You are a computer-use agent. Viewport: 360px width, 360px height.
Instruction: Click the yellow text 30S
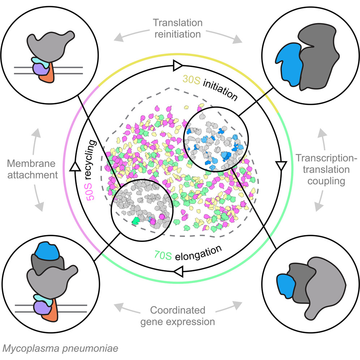191,80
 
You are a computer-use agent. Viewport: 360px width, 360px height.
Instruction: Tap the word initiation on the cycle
220,90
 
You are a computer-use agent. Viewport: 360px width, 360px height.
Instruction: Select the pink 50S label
90,192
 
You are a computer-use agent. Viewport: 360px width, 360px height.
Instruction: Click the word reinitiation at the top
178,34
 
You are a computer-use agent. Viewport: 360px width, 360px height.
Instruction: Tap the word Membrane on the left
31,163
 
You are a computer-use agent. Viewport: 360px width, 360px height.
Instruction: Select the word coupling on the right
326,181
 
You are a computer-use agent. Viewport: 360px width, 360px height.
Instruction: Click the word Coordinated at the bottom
178,310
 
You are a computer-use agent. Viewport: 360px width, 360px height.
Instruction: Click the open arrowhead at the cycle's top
178,66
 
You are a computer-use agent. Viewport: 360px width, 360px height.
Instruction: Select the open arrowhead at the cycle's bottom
178,271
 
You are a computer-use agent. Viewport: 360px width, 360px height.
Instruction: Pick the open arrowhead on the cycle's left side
75,166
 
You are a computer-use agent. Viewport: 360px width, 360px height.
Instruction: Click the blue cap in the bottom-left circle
47,251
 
